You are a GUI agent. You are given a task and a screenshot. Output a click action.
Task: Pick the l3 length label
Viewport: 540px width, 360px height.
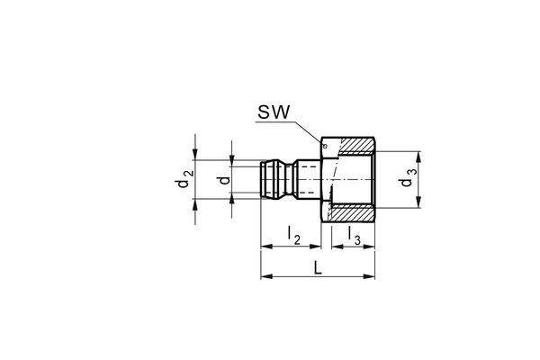point(355,237)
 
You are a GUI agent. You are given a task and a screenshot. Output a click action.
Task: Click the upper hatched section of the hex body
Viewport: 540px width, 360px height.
point(355,144)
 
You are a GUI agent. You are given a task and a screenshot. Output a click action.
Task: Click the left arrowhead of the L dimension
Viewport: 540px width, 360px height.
point(264,276)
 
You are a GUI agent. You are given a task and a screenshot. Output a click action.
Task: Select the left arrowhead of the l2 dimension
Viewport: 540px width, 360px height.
point(264,245)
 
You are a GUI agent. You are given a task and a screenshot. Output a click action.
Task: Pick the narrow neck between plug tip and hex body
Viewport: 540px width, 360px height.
point(307,181)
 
